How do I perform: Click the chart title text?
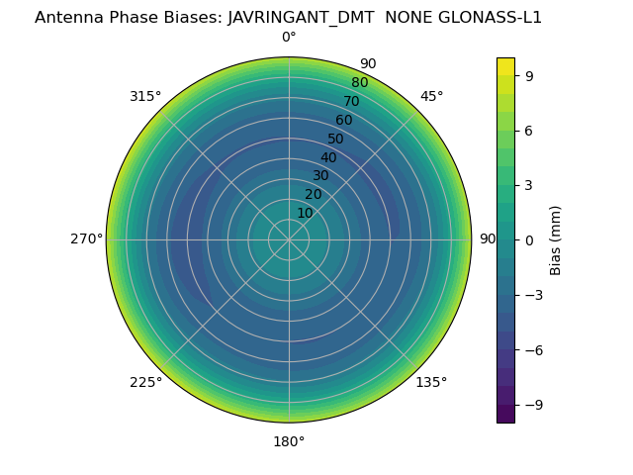[x=288, y=17]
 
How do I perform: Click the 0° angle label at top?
[x=289, y=38]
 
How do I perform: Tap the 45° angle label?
[x=431, y=97]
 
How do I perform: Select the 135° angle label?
[x=431, y=382]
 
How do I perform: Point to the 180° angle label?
[x=289, y=441]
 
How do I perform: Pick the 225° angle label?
[x=145, y=382]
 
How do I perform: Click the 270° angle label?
[x=86, y=239]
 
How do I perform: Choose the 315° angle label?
[x=145, y=97]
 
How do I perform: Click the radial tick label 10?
[x=305, y=213]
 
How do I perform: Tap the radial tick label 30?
[x=320, y=176]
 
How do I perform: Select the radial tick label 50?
[x=335, y=140]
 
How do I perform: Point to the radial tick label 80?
[x=359, y=83]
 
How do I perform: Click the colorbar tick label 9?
[x=529, y=75]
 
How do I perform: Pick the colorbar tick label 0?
[x=529, y=239]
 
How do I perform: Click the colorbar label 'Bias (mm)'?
[x=556, y=240]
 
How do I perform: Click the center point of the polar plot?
[x=289, y=239]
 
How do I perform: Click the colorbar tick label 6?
[x=529, y=130]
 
